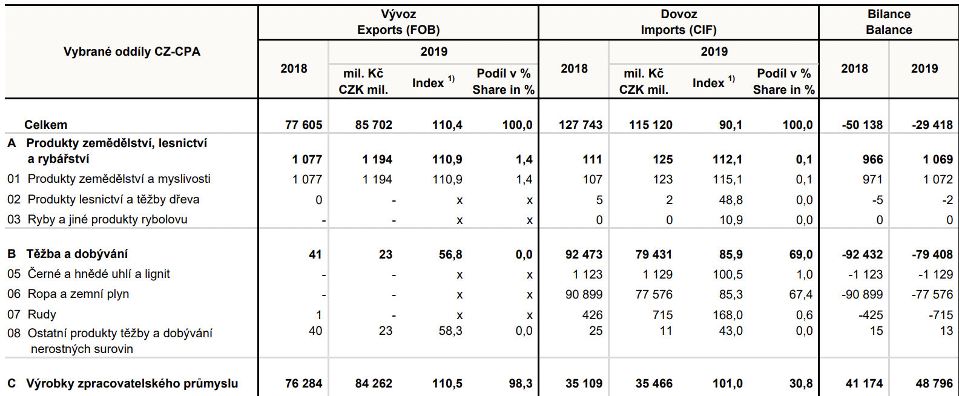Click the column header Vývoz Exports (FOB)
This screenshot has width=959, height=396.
click(398, 22)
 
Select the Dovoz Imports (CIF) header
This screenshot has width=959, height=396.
click(679, 22)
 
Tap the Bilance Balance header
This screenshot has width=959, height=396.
click(889, 22)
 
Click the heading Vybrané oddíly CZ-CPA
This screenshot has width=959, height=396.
click(132, 51)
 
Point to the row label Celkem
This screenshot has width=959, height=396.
click(46, 125)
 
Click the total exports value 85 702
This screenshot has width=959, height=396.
click(374, 125)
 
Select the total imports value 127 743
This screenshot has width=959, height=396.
click(580, 125)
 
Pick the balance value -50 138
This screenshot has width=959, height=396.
click(862, 125)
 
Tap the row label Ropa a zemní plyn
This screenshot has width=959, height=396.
click(78, 294)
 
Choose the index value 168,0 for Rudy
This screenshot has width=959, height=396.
click(728, 315)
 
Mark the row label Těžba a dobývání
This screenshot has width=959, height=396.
click(77, 254)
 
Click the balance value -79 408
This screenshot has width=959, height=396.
click(932, 254)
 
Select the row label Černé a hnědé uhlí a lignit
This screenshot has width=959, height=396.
click(99, 274)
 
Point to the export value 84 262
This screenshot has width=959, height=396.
click(374, 383)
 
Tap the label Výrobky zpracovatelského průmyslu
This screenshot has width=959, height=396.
click(132, 383)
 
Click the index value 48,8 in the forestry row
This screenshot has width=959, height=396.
click(731, 200)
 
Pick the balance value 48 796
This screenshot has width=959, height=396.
click(934, 383)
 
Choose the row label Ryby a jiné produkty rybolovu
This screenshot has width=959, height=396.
click(107, 219)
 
